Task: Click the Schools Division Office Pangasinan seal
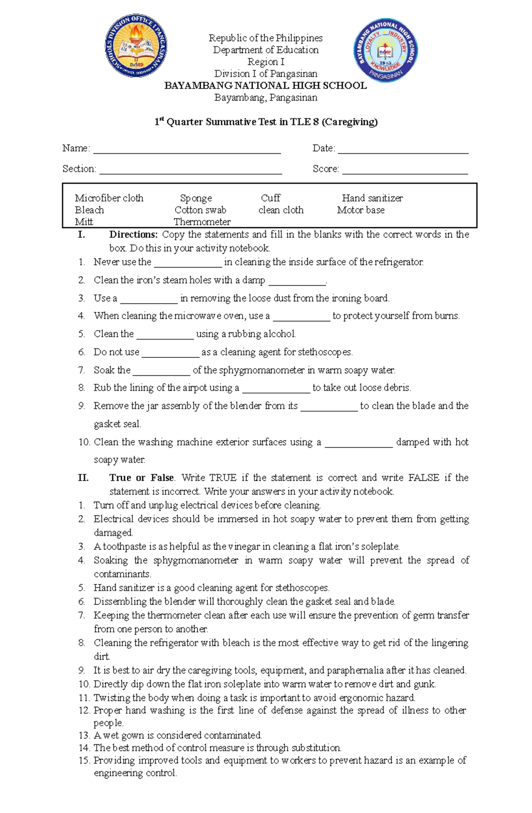pyautogui.click(x=136, y=46)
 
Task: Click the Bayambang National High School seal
pyautogui.click(x=386, y=51)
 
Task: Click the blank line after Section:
pyautogui.click(x=191, y=171)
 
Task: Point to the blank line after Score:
pyautogui.click(x=405, y=171)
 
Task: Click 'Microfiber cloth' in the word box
pyautogui.click(x=109, y=198)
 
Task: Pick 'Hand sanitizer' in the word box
pyautogui.click(x=372, y=198)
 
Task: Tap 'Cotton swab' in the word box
pyautogui.click(x=200, y=210)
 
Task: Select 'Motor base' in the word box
pyautogui.click(x=360, y=210)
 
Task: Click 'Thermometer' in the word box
pyautogui.click(x=202, y=222)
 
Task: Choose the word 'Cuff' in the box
pyautogui.click(x=270, y=198)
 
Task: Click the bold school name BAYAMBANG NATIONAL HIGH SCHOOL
pyautogui.click(x=266, y=86)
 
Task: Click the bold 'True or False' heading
pyautogui.click(x=141, y=478)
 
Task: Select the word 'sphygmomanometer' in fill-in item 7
pyautogui.click(x=262, y=370)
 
